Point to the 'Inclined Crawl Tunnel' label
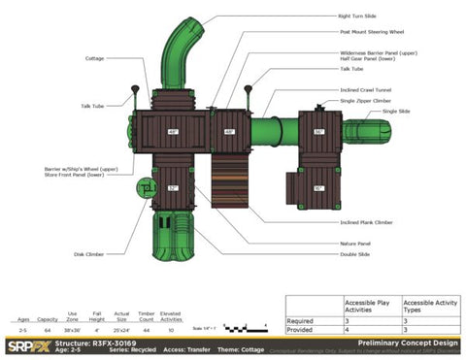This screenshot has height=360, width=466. click(x=364, y=89)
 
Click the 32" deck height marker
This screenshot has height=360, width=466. click(x=172, y=187)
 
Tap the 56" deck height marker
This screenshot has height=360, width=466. click(x=318, y=132)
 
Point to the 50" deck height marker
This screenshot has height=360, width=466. click(x=318, y=187)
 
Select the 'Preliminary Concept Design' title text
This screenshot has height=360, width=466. click(x=405, y=342)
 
